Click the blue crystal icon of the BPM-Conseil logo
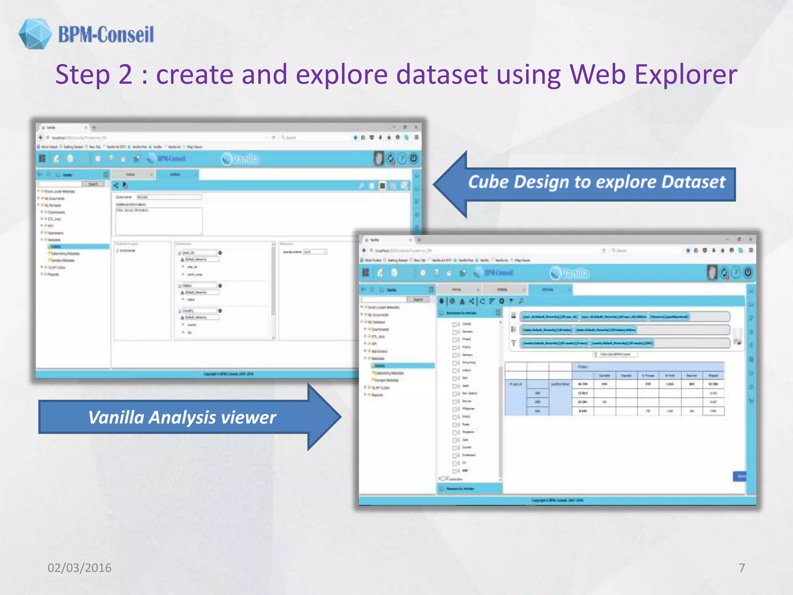[x=35, y=34]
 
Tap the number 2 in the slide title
[x=125, y=74]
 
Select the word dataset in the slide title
[x=441, y=74]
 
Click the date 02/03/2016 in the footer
[x=79, y=568]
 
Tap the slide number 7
[x=742, y=568]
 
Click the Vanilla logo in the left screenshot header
[x=241, y=159]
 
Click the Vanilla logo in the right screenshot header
[x=570, y=273]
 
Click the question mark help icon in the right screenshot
[x=736, y=273]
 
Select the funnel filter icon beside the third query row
[x=513, y=343]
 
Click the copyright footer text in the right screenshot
[x=557, y=500]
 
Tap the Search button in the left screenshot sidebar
[x=93, y=184]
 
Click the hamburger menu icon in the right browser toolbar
[x=751, y=251]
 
